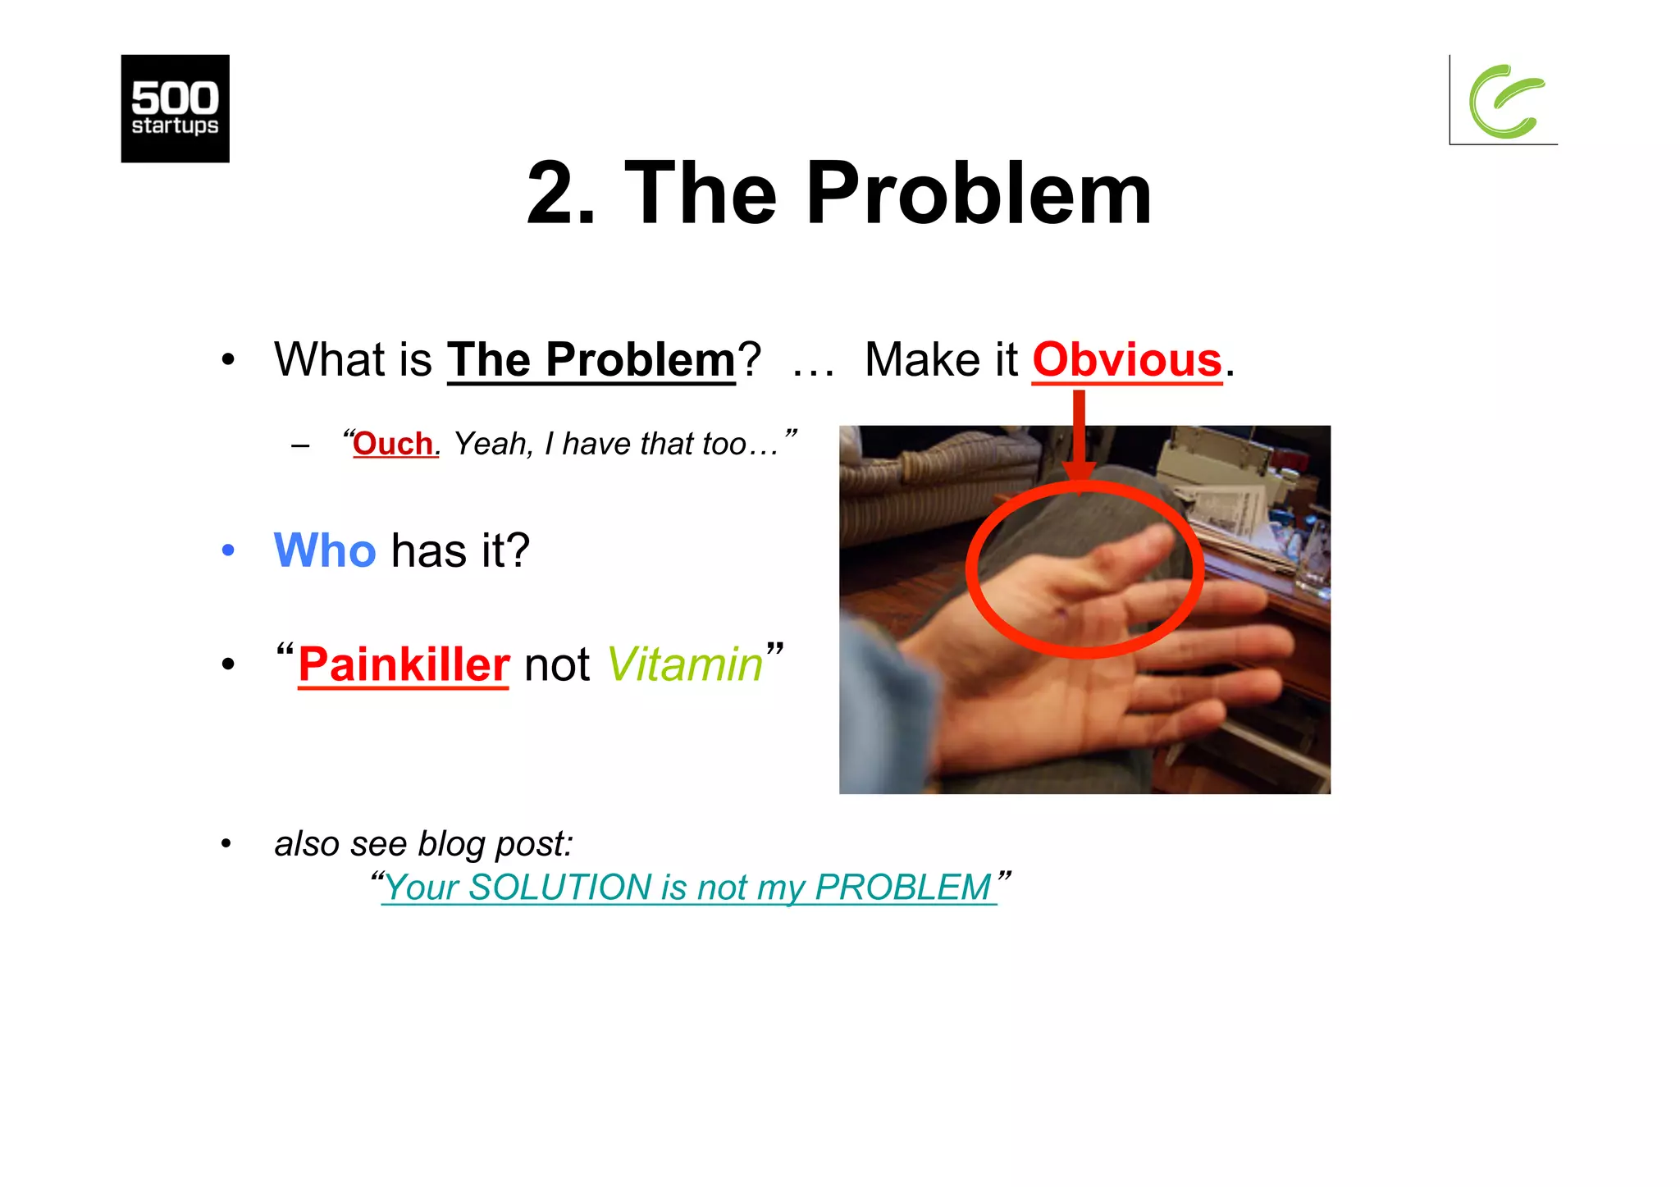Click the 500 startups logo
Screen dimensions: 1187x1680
point(175,108)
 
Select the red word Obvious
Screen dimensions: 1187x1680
point(1126,360)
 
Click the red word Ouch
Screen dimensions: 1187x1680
point(393,444)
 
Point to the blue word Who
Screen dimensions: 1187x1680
point(325,550)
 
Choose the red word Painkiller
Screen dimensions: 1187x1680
point(404,664)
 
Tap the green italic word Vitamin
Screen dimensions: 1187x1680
point(685,664)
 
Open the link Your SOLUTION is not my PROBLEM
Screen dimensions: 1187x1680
point(688,888)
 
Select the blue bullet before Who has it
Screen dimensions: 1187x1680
point(228,550)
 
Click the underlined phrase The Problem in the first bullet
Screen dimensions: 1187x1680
point(591,360)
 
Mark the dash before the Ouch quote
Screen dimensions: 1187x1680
point(300,446)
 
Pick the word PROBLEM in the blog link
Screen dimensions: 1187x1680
point(902,888)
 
